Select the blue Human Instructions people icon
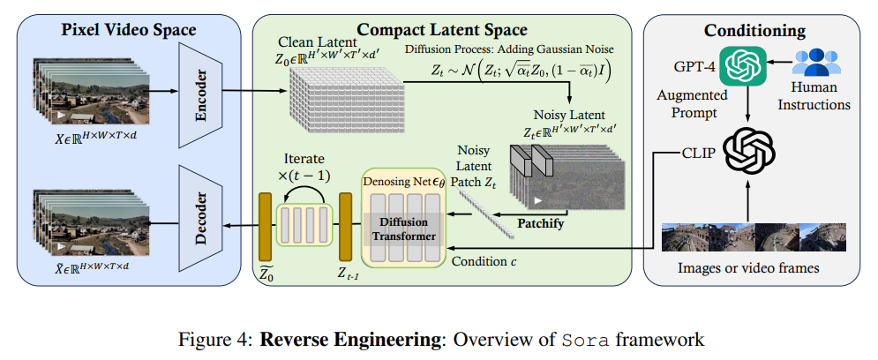(x=820, y=64)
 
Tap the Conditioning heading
(x=754, y=31)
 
